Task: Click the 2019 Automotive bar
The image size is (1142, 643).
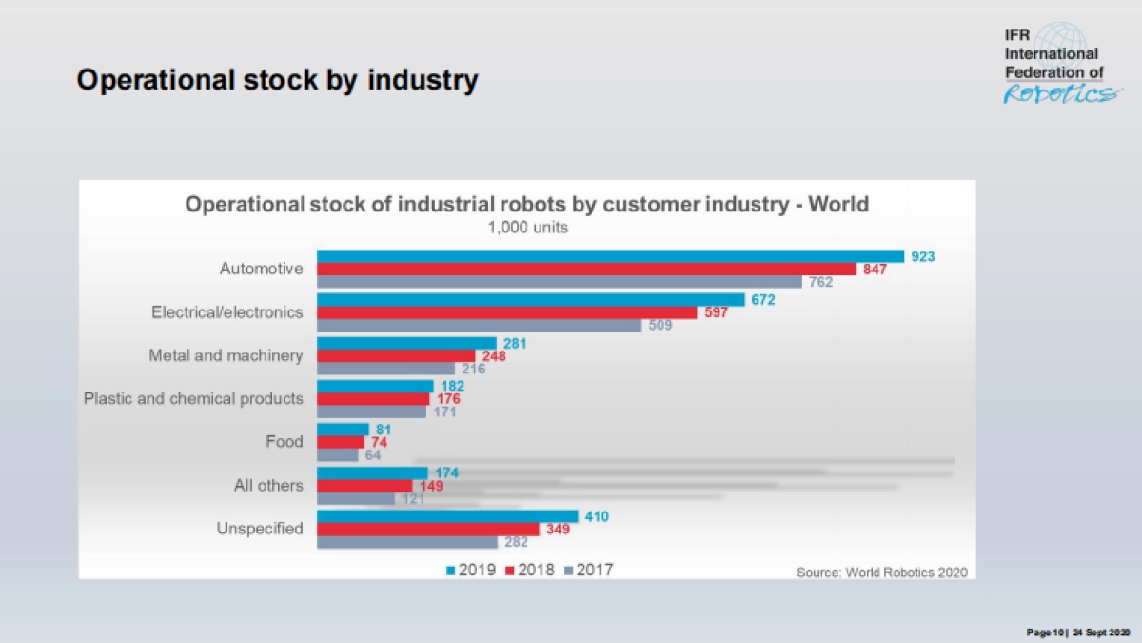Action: coord(610,256)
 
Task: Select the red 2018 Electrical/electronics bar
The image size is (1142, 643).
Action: coord(509,312)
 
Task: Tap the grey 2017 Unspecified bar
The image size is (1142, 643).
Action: coord(406,542)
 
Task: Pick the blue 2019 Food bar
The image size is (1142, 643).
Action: coord(343,430)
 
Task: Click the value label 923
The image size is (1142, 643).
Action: coord(923,256)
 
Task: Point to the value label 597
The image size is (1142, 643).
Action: coord(716,312)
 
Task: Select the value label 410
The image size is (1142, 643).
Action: coord(596,516)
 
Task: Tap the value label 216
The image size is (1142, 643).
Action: coord(473,369)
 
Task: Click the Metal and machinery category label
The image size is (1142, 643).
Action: coord(226,355)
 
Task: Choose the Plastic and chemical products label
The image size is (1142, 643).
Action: coord(194,398)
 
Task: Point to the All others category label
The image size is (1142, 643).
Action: coord(268,485)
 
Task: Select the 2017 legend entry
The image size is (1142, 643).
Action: coord(589,570)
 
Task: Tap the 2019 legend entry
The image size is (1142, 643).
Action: coord(471,570)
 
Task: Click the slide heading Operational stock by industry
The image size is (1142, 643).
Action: coord(277,81)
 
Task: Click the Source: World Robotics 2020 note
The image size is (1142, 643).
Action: coord(881,573)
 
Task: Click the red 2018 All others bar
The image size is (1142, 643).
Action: coord(364,486)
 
